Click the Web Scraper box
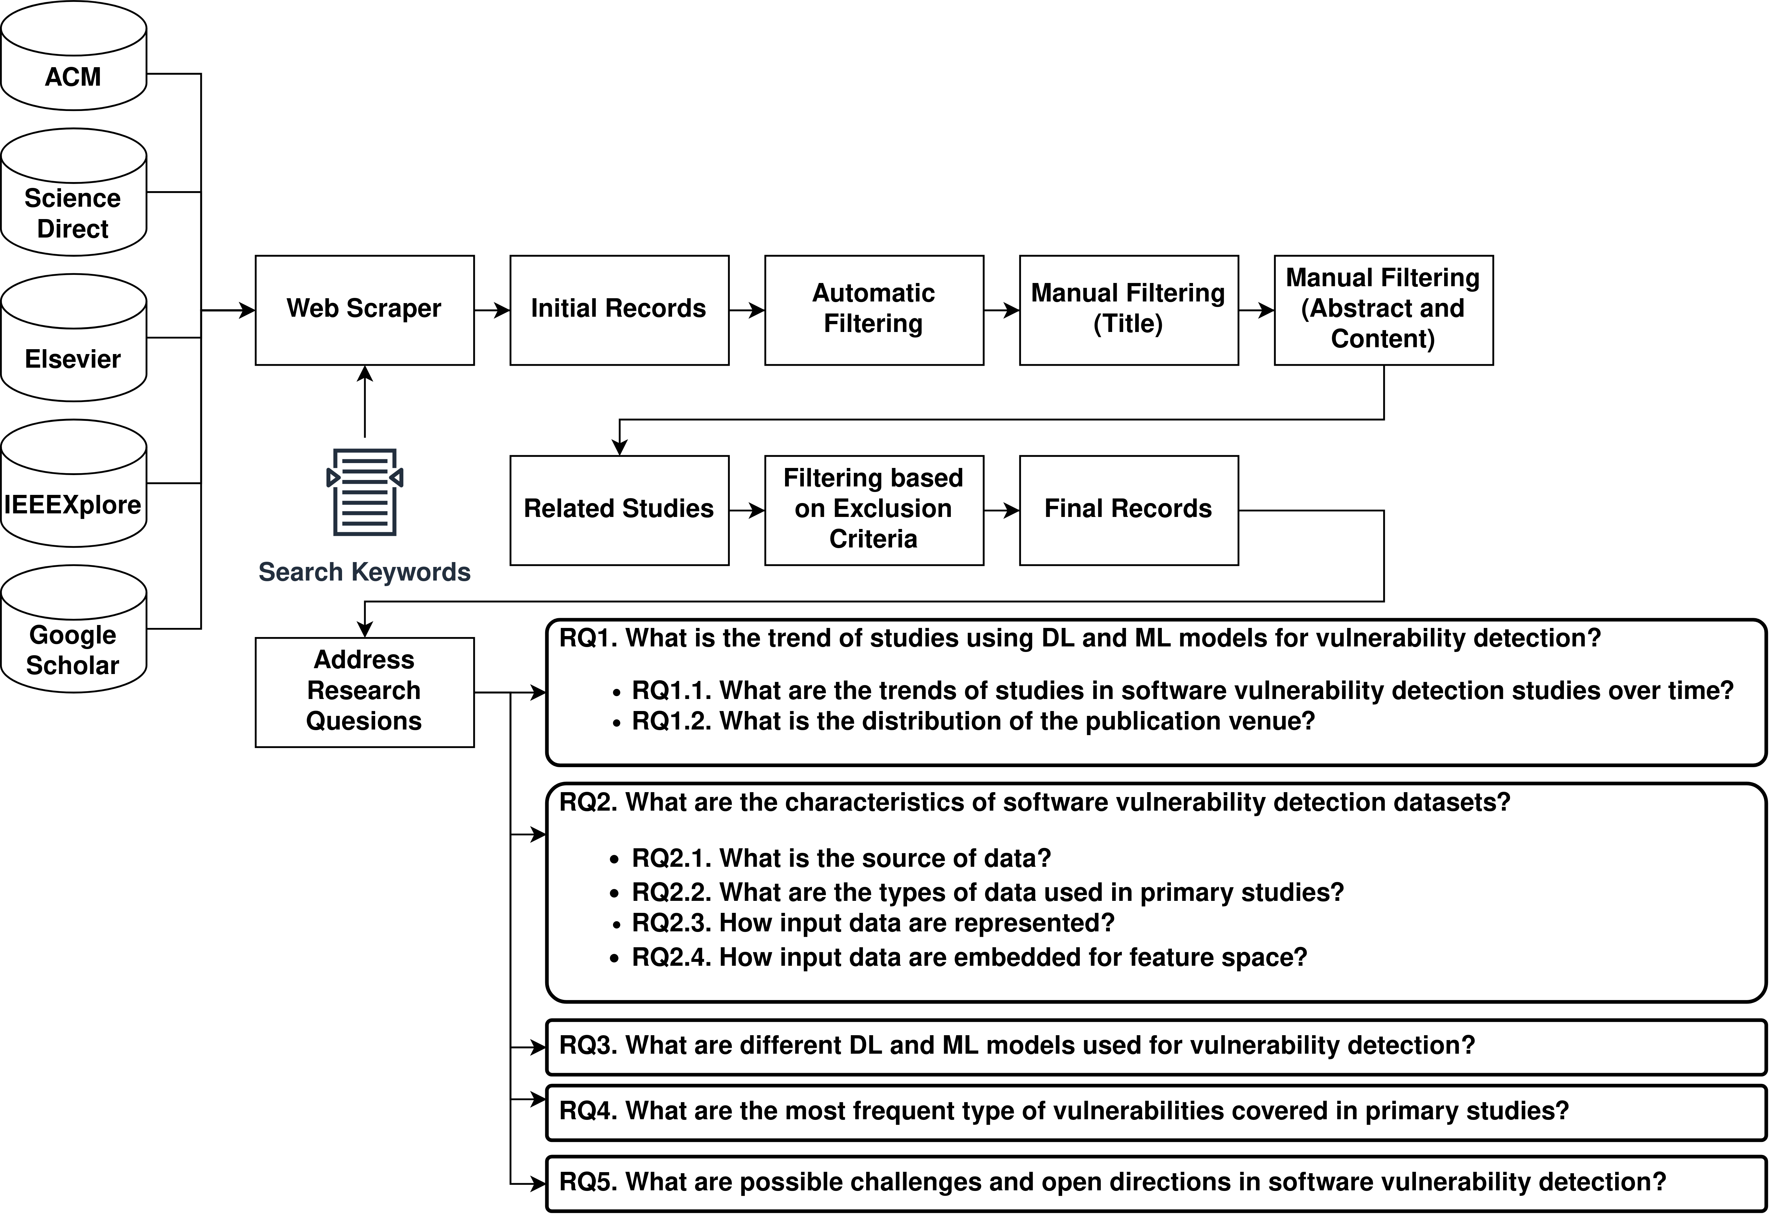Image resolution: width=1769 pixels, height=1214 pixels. [x=365, y=310]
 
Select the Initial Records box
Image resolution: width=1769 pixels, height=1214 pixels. [x=619, y=310]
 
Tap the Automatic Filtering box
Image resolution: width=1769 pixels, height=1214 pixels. [x=874, y=310]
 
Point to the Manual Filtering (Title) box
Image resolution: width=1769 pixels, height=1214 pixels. [x=1128, y=310]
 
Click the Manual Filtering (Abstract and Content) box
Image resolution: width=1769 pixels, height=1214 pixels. [x=1383, y=310]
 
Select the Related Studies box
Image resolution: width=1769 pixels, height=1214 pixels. [x=619, y=510]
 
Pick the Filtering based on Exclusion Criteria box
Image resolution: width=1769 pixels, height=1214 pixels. [x=874, y=510]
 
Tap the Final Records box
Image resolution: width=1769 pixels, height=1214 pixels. [x=1128, y=510]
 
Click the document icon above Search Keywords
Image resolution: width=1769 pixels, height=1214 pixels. [x=365, y=492]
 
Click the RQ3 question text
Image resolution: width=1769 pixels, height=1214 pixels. [x=1016, y=1046]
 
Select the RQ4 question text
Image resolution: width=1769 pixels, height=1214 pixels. [x=1063, y=1111]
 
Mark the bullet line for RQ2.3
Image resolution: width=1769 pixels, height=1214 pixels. [x=872, y=923]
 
